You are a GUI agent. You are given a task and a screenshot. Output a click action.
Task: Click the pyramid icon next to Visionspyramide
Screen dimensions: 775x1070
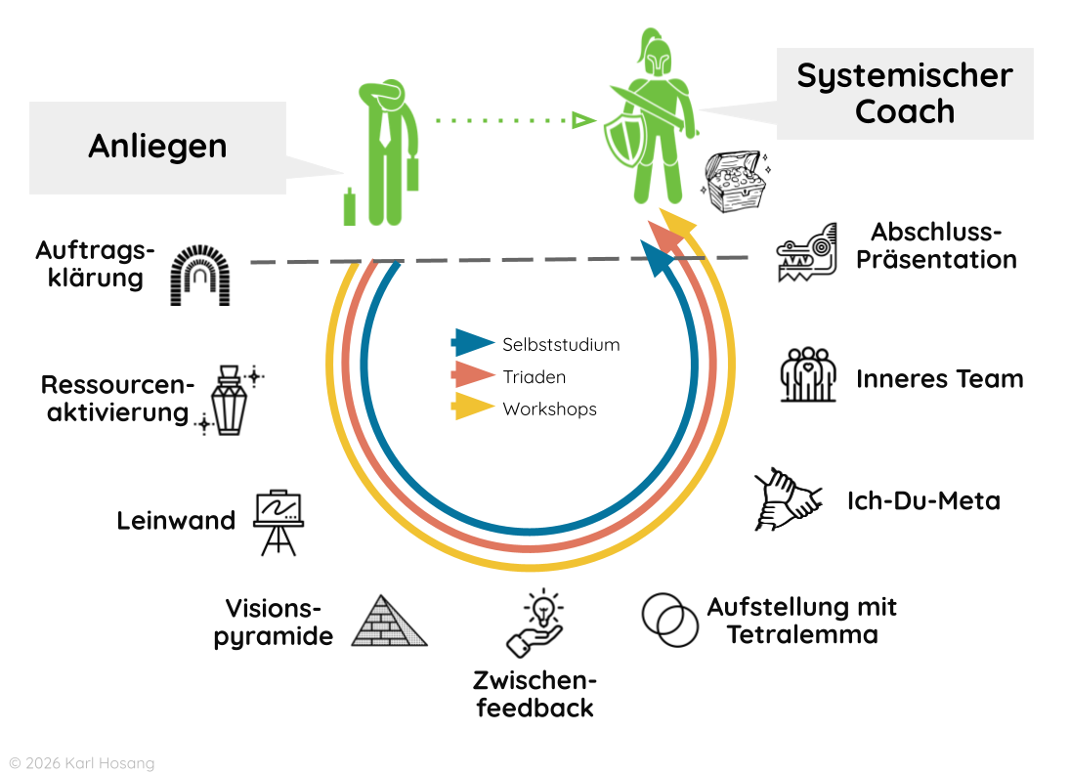click(389, 622)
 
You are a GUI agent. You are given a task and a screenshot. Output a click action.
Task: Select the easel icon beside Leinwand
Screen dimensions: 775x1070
click(278, 521)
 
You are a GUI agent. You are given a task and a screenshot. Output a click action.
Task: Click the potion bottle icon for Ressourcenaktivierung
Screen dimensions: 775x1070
click(230, 400)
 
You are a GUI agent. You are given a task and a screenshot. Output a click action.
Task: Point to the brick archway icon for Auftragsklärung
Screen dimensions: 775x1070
click(200, 276)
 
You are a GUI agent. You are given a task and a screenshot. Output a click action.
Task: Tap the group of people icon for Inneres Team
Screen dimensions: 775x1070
click(808, 374)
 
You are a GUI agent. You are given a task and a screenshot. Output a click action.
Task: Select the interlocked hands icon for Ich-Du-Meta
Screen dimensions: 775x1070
click(788, 498)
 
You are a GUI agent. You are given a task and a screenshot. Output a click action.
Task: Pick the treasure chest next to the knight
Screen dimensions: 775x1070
click(733, 182)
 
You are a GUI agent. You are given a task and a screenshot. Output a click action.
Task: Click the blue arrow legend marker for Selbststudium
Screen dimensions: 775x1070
click(473, 343)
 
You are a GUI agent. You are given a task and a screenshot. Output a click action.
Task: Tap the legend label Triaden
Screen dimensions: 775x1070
click(534, 377)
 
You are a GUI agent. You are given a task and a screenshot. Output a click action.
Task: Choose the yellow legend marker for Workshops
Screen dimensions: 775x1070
click(473, 408)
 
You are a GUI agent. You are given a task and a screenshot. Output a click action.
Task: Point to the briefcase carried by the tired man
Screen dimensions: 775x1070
click(412, 173)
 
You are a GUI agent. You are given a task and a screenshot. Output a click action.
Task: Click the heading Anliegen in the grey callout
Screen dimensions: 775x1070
click(157, 146)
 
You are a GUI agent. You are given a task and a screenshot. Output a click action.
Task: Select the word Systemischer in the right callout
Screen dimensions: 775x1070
click(904, 75)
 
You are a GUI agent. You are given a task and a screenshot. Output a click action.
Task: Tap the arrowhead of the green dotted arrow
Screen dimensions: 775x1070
click(583, 120)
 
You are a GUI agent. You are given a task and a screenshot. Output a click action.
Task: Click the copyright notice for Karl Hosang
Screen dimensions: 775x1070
click(81, 762)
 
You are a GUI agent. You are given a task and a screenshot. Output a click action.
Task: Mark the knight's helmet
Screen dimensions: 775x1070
click(654, 57)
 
